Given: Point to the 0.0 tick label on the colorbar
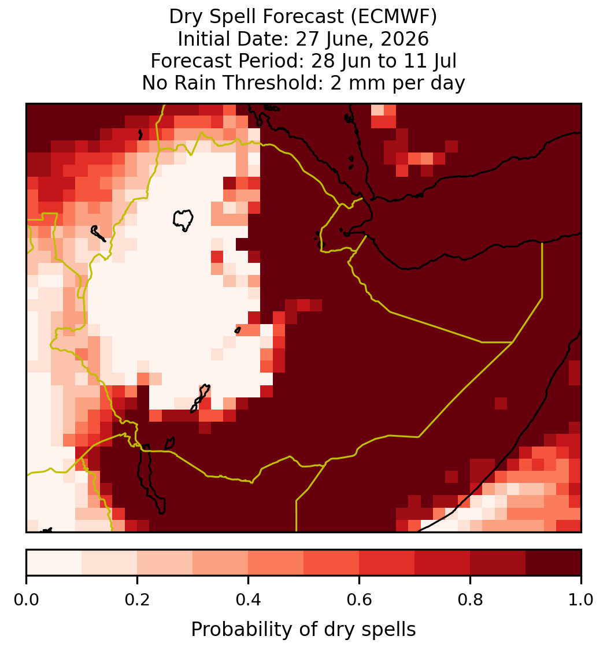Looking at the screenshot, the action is [x=26, y=600].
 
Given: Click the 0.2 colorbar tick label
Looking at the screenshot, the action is [x=137, y=600].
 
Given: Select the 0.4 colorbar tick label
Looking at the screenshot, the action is [x=249, y=600].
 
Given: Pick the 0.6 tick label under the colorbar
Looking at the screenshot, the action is [x=359, y=600].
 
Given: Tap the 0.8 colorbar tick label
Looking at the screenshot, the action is [x=470, y=600].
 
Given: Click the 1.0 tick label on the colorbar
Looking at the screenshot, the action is [x=581, y=600].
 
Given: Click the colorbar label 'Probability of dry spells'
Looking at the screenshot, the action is [x=303, y=630].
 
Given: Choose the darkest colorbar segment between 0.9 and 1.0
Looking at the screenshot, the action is [x=553, y=563].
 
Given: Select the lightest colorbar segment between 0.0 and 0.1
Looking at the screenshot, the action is [x=54, y=563].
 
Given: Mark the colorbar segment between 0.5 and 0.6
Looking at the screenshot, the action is [x=331, y=563].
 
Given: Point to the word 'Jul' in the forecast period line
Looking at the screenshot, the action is [x=443, y=61].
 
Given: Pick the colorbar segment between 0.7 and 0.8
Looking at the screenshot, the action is [x=442, y=563].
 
